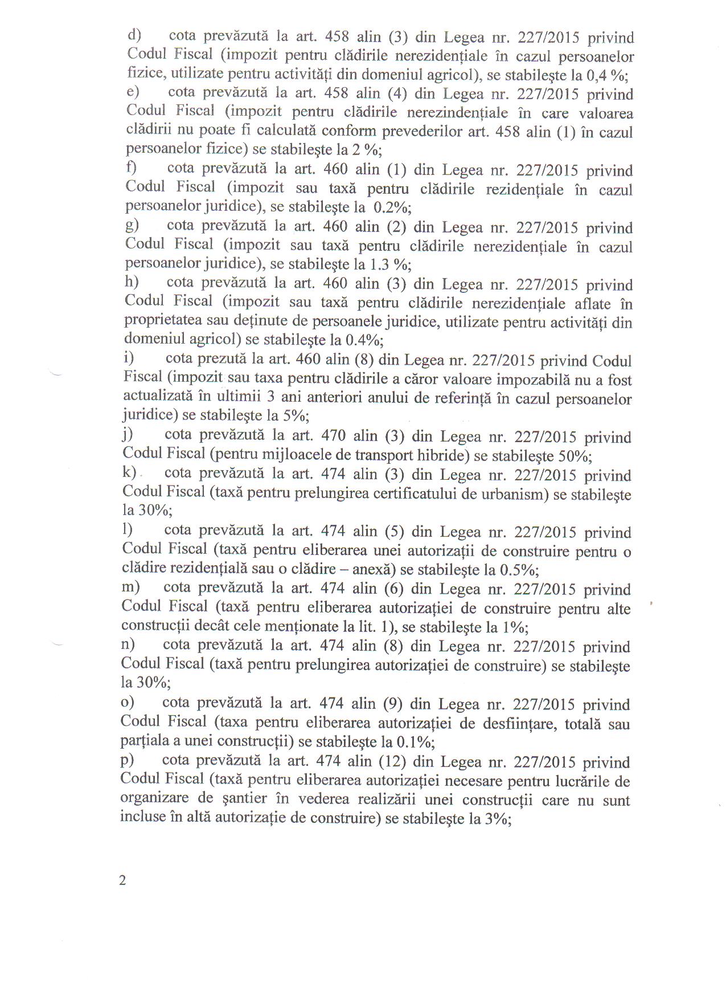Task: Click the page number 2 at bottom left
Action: (122, 880)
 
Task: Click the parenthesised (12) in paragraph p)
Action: (392, 762)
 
